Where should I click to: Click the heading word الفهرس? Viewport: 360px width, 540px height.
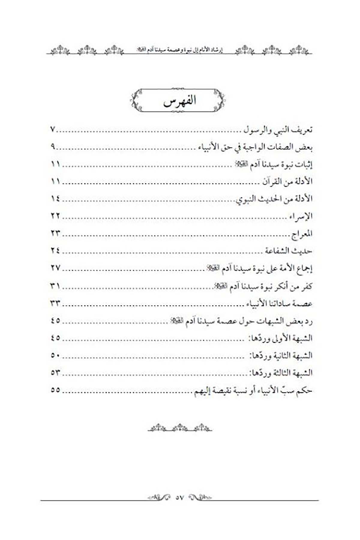pos(179,100)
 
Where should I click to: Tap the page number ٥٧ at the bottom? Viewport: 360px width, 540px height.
pos(179,497)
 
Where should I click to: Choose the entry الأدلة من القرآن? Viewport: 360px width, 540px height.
pos(288,181)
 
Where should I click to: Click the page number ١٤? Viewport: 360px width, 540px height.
pos(55,199)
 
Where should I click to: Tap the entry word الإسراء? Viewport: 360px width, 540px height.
pos(301,216)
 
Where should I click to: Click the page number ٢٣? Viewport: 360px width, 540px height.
pos(55,233)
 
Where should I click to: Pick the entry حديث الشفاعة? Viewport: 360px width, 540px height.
pos(289,251)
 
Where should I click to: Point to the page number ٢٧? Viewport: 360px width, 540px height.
pos(55,268)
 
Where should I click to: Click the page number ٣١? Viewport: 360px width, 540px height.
pos(55,286)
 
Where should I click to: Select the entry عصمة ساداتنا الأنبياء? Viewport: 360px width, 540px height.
pos(279,304)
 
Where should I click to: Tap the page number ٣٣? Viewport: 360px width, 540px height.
pos(55,304)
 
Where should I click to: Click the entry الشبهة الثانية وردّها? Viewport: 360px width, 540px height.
pos(281,356)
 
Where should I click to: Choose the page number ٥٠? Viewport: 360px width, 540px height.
pos(55,355)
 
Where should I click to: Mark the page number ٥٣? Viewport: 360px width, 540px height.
pos(55,373)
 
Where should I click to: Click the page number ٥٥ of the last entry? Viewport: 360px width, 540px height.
pos(55,390)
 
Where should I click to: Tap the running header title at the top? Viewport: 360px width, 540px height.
pos(179,49)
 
